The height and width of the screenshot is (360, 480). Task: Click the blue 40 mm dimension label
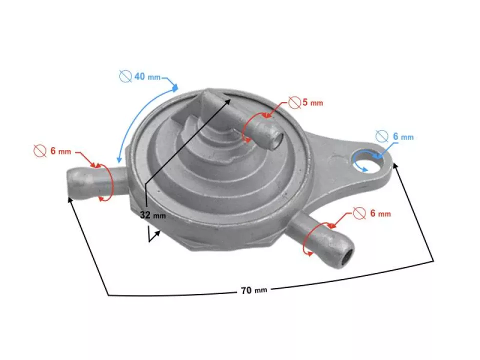point(147,76)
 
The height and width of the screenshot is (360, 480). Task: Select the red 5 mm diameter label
point(312,103)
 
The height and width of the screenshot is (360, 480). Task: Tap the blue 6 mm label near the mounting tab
point(403,136)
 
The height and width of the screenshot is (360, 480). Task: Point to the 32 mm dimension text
point(152,215)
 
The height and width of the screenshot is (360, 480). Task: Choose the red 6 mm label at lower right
point(380,213)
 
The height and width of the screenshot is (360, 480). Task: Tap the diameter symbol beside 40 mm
point(125,76)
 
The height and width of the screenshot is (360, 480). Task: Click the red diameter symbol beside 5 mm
point(294,103)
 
